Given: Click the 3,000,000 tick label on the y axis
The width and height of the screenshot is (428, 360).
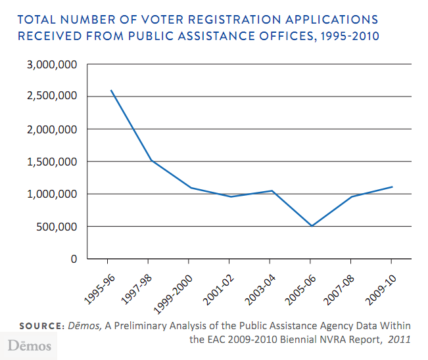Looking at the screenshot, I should pyautogui.click(x=51, y=64).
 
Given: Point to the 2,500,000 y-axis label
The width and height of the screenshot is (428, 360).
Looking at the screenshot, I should pyautogui.click(x=51, y=97).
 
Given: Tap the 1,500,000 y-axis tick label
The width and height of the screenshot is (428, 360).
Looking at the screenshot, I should pyautogui.click(x=51, y=162).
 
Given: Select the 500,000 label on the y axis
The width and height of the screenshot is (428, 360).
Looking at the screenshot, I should pyautogui.click(x=57, y=227).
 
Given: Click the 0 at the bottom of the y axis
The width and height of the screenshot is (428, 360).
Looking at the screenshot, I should pyautogui.click(x=74, y=259).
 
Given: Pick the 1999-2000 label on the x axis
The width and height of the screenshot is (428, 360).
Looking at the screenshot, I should pyautogui.click(x=174, y=292).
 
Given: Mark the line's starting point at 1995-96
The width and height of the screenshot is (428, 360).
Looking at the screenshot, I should pyautogui.click(x=111, y=91).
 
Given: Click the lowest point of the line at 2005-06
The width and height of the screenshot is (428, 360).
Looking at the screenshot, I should pyautogui.click(x=312, y=226).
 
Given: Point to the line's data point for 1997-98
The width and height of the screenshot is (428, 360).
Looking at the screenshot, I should pyautogui.click(x=151, y=160).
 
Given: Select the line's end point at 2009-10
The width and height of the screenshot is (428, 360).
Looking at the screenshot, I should pyautogui.click(x=392, y=187).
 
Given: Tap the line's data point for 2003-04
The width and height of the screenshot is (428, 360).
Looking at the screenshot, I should pyautogui.click(x=272, y=191).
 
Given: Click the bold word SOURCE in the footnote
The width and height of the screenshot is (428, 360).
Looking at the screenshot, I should pyautogui.click(x=41, y=326).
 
